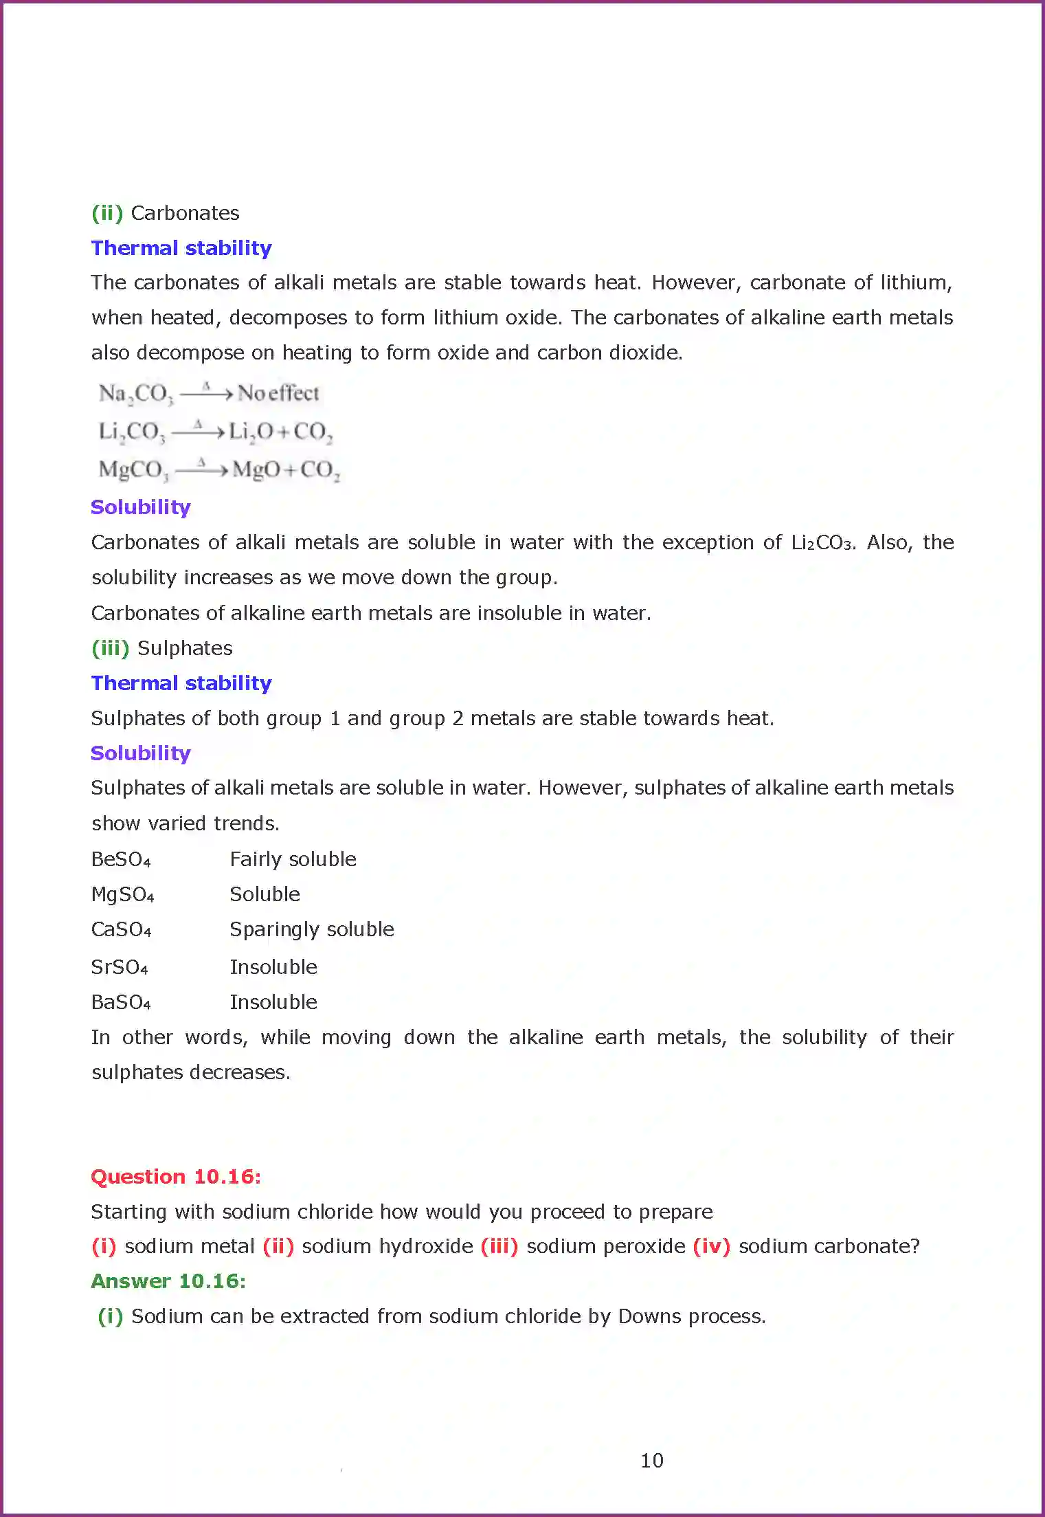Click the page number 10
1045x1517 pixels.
tap(651, 1460)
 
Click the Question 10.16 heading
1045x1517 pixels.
tap(176, 1177)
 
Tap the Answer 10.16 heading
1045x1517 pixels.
tap(168, 1281)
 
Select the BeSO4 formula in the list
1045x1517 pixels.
tap(121, 860)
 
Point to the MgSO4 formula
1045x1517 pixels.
tap(122, 895)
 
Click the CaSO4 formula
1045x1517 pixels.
tap(121, 930)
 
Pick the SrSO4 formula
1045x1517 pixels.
tap(120, 968)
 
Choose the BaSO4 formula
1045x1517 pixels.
tap(121, 1003)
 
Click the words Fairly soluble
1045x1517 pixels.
tap(293, 859)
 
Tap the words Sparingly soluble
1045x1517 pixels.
tap(312, 929)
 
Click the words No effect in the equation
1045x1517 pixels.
tap(278, 393)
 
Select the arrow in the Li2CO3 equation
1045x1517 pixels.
tap(199, 432)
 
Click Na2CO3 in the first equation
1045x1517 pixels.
tap(136, 394)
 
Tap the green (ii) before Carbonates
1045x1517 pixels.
tap(107, 213)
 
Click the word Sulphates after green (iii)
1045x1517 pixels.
tap(185, 648)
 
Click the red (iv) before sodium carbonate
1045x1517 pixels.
tap(711, 1246)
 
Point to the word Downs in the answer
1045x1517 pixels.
tap(649, 1316)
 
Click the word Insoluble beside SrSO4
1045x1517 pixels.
tap(273, 967)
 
